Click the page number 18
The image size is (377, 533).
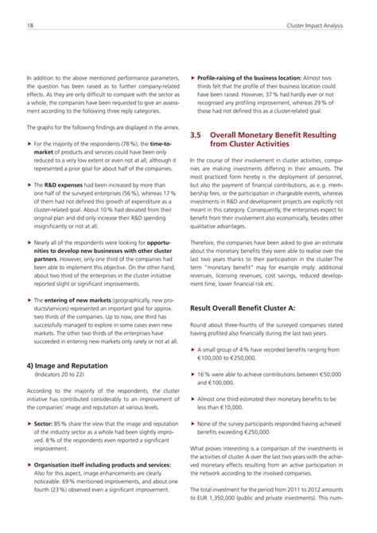29,27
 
